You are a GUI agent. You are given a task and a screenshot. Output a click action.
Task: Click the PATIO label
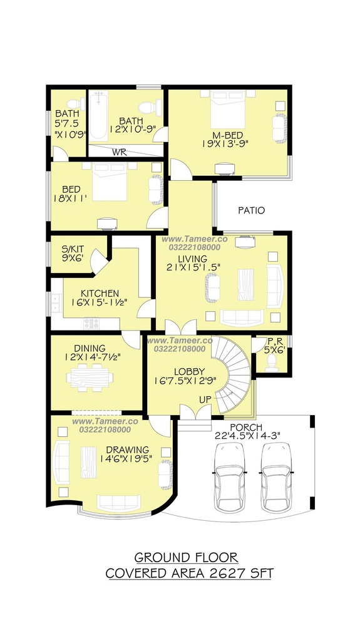(251, 210)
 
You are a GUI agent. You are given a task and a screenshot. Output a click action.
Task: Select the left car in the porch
(230, 476)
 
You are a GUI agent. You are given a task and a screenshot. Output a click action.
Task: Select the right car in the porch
(277, 476)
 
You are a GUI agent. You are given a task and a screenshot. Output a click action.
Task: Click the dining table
(90, 377)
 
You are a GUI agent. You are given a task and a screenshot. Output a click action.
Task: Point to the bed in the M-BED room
(228, 110)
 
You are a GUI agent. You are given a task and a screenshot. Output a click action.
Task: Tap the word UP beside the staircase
(205, 399)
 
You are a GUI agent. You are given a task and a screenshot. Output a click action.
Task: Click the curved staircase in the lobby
(232, 374)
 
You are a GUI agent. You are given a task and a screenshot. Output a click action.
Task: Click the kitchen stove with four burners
(91, 324)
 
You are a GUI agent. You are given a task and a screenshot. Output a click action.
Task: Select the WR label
(120, 153)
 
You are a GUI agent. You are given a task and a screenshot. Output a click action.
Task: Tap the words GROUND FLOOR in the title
(186, 557)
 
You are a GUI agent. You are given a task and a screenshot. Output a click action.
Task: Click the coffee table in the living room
(245, 285)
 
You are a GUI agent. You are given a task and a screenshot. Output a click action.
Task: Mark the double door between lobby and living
(180, 327)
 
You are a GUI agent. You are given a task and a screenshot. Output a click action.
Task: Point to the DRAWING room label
(127, 450)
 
